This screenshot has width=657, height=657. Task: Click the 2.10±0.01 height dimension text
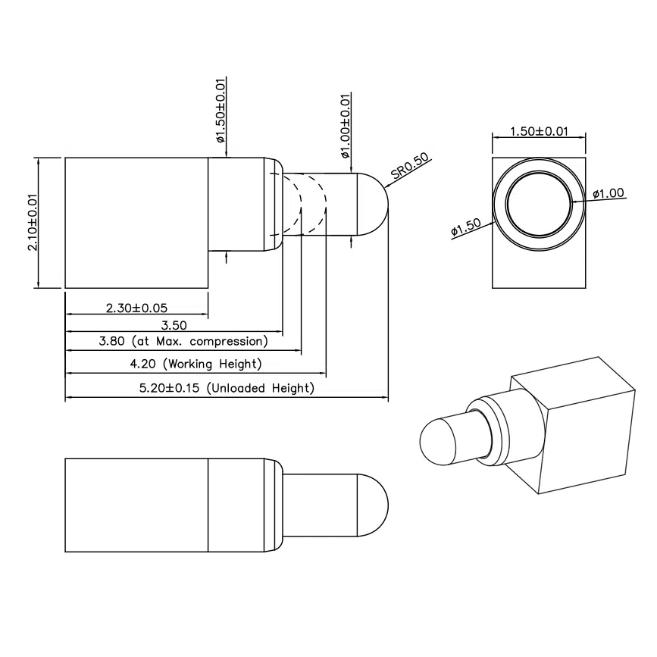pos(33,223)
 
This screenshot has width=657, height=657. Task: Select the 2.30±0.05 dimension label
pos(136,308)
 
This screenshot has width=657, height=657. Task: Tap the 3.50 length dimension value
pos(174,325)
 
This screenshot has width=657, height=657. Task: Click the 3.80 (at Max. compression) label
pos(183,343)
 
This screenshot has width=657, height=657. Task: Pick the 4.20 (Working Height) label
pos(196,364)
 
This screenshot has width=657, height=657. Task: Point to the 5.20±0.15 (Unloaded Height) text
pos(227,388)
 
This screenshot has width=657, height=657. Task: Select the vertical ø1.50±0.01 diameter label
pos(221,111)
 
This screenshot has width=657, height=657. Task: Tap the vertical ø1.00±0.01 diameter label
pos(346,126)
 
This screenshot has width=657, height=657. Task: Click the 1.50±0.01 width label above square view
pos(539,131)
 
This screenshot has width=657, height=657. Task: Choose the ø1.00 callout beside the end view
pos(608,193)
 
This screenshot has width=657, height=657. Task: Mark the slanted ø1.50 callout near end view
pos(466,228)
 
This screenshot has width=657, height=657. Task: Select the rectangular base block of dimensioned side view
pos(136,222)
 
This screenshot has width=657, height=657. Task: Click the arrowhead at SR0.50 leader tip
pos(388,186)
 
